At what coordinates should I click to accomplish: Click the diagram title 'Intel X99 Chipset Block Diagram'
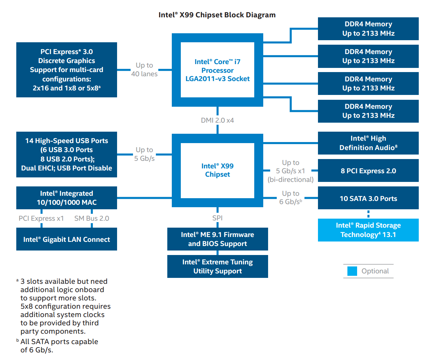217,15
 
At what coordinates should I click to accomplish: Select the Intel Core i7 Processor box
218,70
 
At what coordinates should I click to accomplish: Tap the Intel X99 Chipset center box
218,170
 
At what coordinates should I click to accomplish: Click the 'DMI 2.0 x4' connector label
218,120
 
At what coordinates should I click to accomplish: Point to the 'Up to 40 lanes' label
144,70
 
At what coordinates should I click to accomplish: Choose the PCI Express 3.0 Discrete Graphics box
67,70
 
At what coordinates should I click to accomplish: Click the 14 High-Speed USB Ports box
67,155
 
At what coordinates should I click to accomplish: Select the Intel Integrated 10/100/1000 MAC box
67,198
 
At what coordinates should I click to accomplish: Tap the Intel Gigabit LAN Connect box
67,239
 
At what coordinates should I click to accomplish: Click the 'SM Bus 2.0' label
92,218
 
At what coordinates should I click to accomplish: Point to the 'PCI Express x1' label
41,218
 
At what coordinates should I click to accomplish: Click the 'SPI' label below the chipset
218,218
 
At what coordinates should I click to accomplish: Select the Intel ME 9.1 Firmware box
218,239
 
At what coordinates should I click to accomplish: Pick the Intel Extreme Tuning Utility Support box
218,266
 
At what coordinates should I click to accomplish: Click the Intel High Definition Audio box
368,143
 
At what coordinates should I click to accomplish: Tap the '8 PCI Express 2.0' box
368,171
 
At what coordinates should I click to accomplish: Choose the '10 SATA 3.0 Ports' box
368,199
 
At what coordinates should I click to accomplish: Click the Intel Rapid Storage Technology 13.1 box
368,230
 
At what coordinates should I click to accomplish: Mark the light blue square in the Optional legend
352,271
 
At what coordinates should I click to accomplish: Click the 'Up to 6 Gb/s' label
291,198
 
